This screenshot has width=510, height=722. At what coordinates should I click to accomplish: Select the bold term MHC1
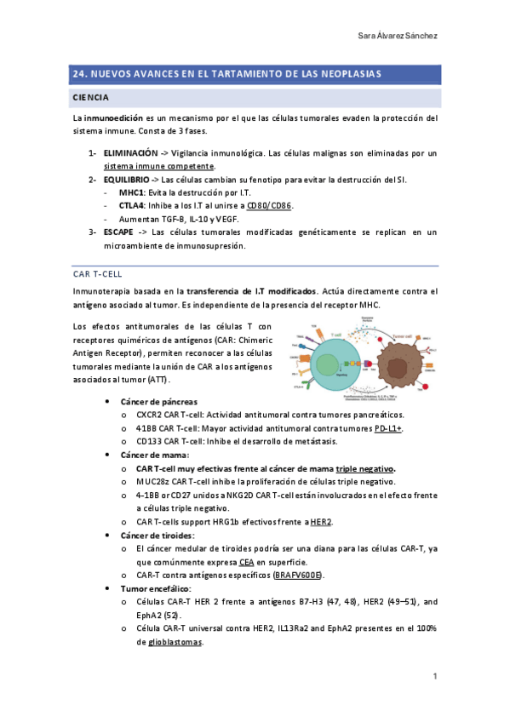point(132,193)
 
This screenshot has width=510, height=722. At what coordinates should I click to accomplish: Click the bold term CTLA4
point(132,206)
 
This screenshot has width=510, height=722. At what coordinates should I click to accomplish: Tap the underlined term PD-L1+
point(388,428)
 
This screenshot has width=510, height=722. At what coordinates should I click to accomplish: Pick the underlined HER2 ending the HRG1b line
point(321,522)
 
